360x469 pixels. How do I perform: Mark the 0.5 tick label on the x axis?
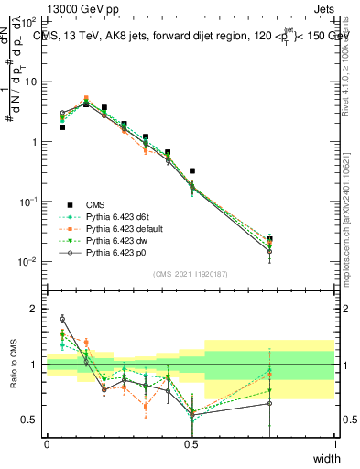(191, 444)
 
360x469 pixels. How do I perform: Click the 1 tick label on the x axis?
(335, 444)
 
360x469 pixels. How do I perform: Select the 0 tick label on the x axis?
(47, 444)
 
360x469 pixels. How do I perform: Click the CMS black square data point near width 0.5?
(191, 170)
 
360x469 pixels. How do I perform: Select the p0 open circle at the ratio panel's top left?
(62, 319)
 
